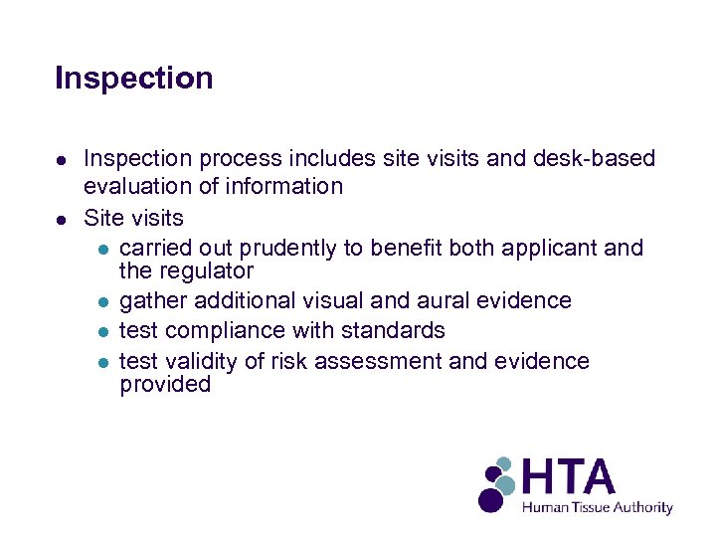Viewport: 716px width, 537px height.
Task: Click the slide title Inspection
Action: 134,78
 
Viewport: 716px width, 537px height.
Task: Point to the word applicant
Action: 549,248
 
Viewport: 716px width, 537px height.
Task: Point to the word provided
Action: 165,385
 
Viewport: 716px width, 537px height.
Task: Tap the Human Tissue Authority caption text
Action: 598,507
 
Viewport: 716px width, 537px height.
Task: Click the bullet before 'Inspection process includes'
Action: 62,160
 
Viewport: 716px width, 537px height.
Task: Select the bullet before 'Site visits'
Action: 62,218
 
